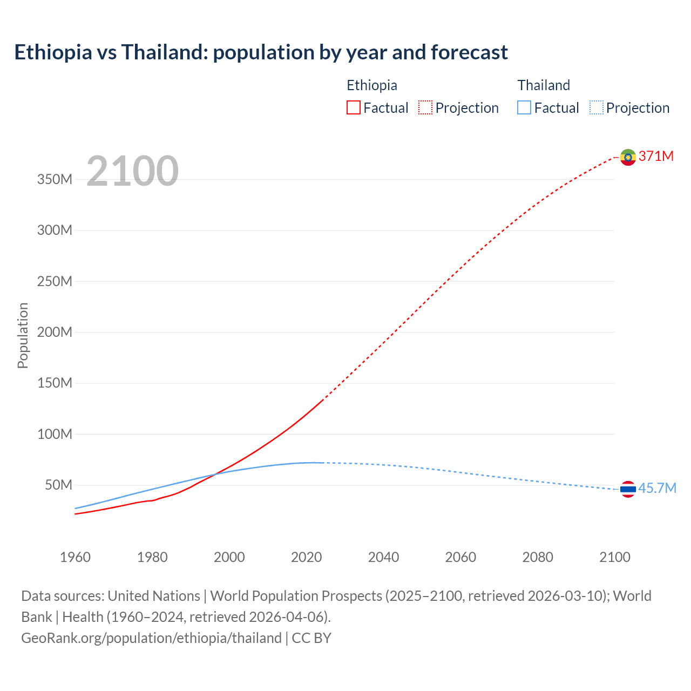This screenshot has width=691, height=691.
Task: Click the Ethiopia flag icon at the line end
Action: (x=628, y=157)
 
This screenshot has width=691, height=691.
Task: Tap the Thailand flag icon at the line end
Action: (x=628, y=489)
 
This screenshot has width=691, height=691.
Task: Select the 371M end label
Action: (x=656, y=157)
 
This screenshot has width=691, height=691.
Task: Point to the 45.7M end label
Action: (x=657, y=489)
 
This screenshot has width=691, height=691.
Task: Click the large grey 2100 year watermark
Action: (x=132, y=171)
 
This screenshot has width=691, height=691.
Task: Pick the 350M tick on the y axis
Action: (x=55, y=180)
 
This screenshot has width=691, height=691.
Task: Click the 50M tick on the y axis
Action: (x=58, y=485)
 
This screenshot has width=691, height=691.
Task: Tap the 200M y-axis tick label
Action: (x=55, y=333)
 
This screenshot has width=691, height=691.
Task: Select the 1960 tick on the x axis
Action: (x=75, y=557)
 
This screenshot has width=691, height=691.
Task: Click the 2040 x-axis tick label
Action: (x=383, y=557)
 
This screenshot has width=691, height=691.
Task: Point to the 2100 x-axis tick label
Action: (x=615, y=557)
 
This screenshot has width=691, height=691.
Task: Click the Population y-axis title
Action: (x=23, y=335)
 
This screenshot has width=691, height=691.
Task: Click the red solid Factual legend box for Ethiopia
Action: (x=354, y=108)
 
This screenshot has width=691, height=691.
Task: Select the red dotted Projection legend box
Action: (x=425, y=108)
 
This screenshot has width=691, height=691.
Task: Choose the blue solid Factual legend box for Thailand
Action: (x=524, y=108)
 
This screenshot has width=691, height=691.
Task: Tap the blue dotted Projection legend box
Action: (x=597, y=108)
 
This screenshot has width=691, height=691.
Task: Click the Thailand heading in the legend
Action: (x=544, y=85)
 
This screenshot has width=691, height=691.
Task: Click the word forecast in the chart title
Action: (x=469, y=52)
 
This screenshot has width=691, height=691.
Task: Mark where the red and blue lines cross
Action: (x=215, y=475)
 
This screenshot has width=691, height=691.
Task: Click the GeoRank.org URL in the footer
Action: (x=151, y=638)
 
